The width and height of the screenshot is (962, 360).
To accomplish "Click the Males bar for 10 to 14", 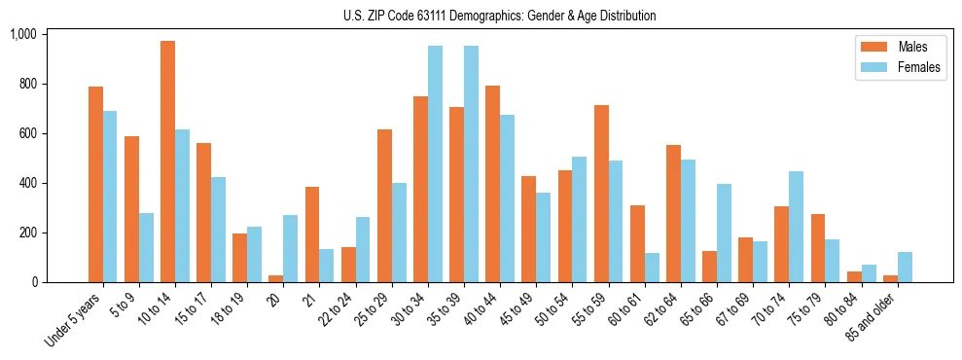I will coord(168,162).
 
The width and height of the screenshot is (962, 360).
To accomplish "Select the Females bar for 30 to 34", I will coord(435,164).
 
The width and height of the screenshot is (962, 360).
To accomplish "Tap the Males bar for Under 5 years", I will coord(95,185).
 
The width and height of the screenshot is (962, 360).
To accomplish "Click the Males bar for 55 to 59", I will coord(601,194).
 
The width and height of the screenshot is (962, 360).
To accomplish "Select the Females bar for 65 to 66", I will coord(724,234).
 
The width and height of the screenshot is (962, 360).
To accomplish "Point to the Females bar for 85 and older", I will coord(905,268).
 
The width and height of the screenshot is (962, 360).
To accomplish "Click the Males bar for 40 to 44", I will coord(493,184).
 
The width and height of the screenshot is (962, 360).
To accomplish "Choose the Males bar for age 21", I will coord(312,234).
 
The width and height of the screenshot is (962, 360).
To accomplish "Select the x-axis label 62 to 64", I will coord(660,309).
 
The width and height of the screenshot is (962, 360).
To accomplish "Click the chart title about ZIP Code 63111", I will coord(499,16).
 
